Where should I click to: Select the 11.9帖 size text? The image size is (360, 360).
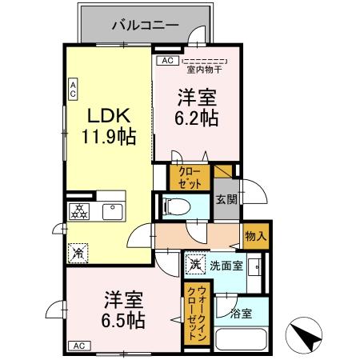pyautogui.click(x=107, y=135)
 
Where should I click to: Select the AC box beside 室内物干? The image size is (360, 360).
pyautogui.click(x=166, y=61)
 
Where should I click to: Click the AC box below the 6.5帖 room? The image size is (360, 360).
pyautogui.click(x=80, y=346)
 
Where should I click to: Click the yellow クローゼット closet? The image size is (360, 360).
pyautogui.click(x=190, y=176)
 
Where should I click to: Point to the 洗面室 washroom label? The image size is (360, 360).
pyautogui.click(x=227, y=265)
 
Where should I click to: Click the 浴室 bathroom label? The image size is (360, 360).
pyautogui.click(x=241, y=313)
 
